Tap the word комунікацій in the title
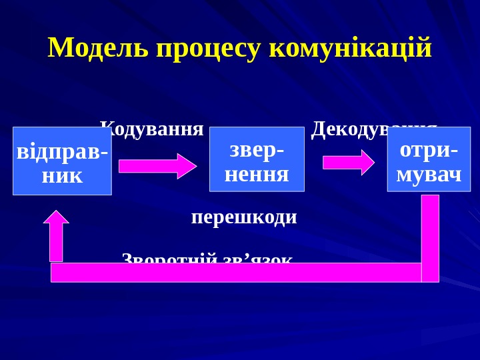point(351,48)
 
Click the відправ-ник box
point(62,161)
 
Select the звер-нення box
point(257,159)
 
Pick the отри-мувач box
point(429,159)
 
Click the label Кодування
point(152,128)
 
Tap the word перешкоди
point(244,217)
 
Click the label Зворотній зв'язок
point(207,258)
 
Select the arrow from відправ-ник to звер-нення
point(157,166)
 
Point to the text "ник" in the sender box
point(62,175)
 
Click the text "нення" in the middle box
point(257,174)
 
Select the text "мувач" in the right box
point(429,174)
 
